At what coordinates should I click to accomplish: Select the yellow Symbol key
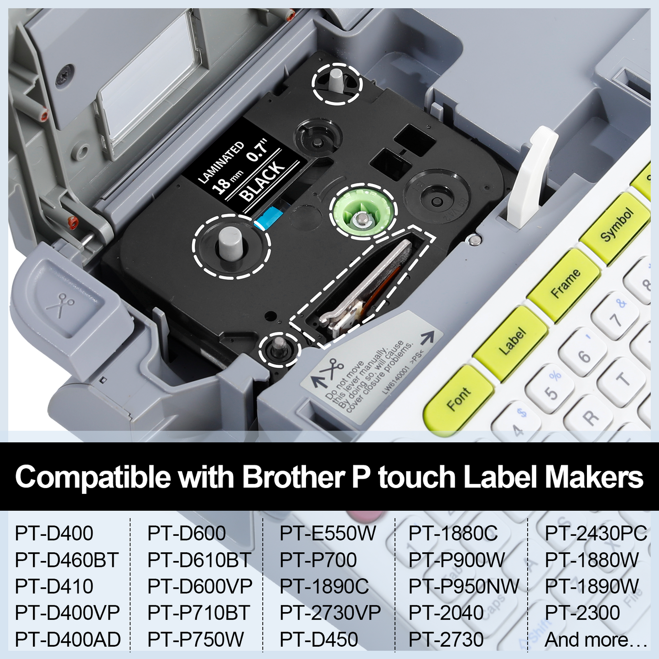(x=616, y=226)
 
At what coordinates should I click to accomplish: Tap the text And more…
(x=596, y=639)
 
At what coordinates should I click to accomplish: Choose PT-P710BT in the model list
(x=198, y=613)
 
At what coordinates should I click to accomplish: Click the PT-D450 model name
(x=319, y=639)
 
